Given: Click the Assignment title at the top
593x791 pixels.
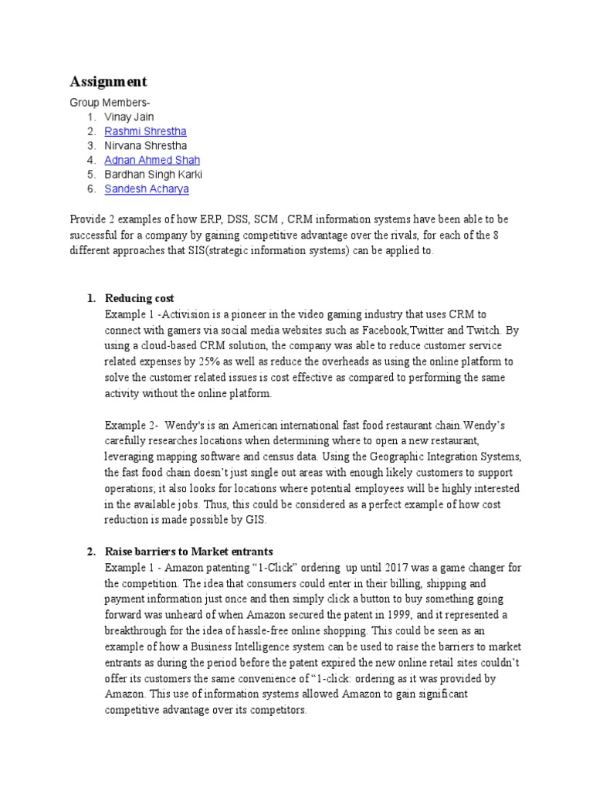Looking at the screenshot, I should tap(108, 82).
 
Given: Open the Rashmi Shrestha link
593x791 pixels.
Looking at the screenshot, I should tap(145, 131).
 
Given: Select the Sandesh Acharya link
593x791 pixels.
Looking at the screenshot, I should tap(147, 188).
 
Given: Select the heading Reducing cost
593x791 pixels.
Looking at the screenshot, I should tap(139, 298).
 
